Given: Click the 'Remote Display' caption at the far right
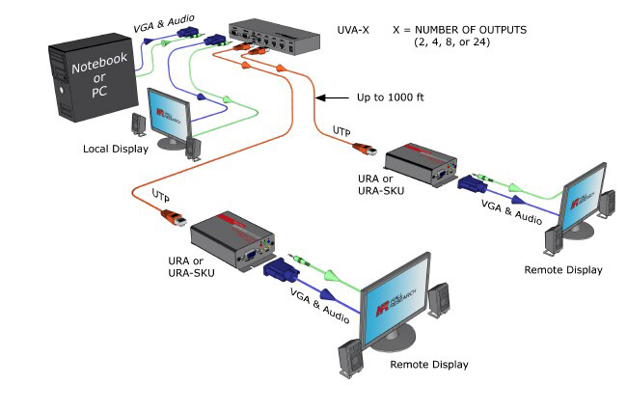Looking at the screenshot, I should click(x=562, y=270).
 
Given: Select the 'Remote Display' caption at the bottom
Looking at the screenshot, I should click(x=428, y=365).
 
